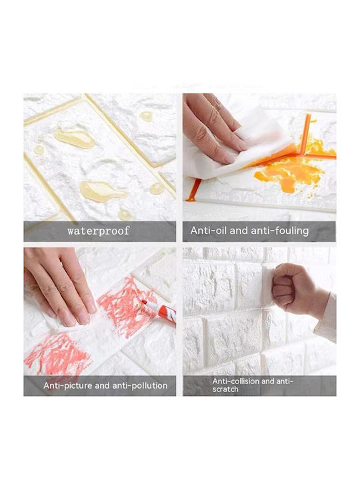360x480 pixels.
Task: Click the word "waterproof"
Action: coord(99,231)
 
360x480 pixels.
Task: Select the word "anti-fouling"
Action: coord(276,231)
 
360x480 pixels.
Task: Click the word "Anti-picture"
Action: coord(67,385)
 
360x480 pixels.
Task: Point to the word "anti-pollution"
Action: coord(140,385)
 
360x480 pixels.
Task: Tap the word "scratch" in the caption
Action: coord(225,389)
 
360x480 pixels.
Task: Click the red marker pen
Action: coord(159,311)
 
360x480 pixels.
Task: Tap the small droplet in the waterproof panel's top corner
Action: coord(146,116)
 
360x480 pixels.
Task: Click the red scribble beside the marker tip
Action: coord(125,306)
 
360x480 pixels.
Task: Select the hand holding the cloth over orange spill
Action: coord(211,129)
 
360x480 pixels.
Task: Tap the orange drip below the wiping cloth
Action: coord(195,191)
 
